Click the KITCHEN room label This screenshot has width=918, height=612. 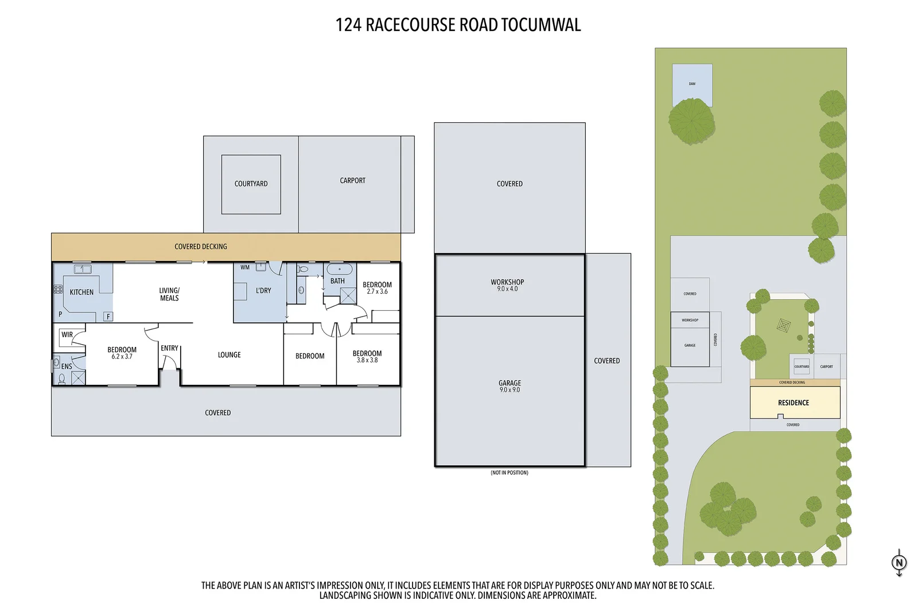[x=81, y=292]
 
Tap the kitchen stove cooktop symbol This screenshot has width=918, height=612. [x=58, y=290]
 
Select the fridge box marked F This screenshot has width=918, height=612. [x=108, y=317]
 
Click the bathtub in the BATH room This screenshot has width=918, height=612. [x=340, y=269]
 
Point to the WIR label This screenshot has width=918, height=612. [x=67, y=334]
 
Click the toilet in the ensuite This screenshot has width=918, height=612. [x=61, y=379]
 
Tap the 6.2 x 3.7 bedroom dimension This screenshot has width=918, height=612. [x=122, y=357]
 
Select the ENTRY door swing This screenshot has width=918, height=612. [x=169, y=362]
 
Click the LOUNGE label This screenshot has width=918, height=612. [x=229, y=355]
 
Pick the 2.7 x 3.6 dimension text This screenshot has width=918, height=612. [x=377, y=292]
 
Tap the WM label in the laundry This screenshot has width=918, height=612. [x=245, y=267]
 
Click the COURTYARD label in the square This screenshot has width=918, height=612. [x=251, y=184]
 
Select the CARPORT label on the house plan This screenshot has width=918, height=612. [x=352, y=180]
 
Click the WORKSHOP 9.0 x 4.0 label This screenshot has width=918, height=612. [x=507, y=285]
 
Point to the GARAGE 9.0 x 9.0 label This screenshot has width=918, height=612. [x=509, y=386]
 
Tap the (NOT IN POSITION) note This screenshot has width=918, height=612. [x=509, y=473]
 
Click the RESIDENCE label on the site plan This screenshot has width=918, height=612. [x=793, y=403]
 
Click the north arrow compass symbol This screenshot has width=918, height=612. [x=899, y=563]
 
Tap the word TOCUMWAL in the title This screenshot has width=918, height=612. [x=540, y=25]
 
